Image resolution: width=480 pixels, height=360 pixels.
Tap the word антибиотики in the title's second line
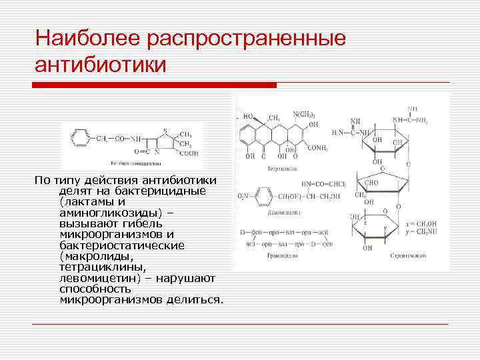tap(99, 65)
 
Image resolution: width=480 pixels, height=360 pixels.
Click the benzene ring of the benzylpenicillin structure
tap(79, 139)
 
